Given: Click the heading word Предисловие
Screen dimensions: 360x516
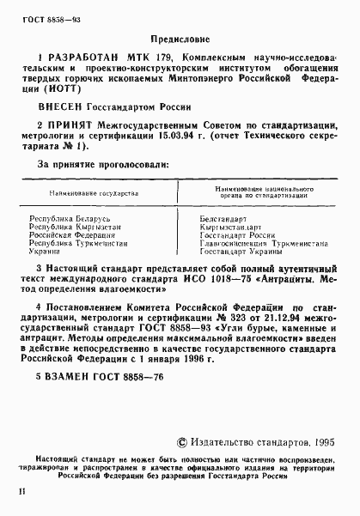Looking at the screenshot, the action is click(x=178, y=39).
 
